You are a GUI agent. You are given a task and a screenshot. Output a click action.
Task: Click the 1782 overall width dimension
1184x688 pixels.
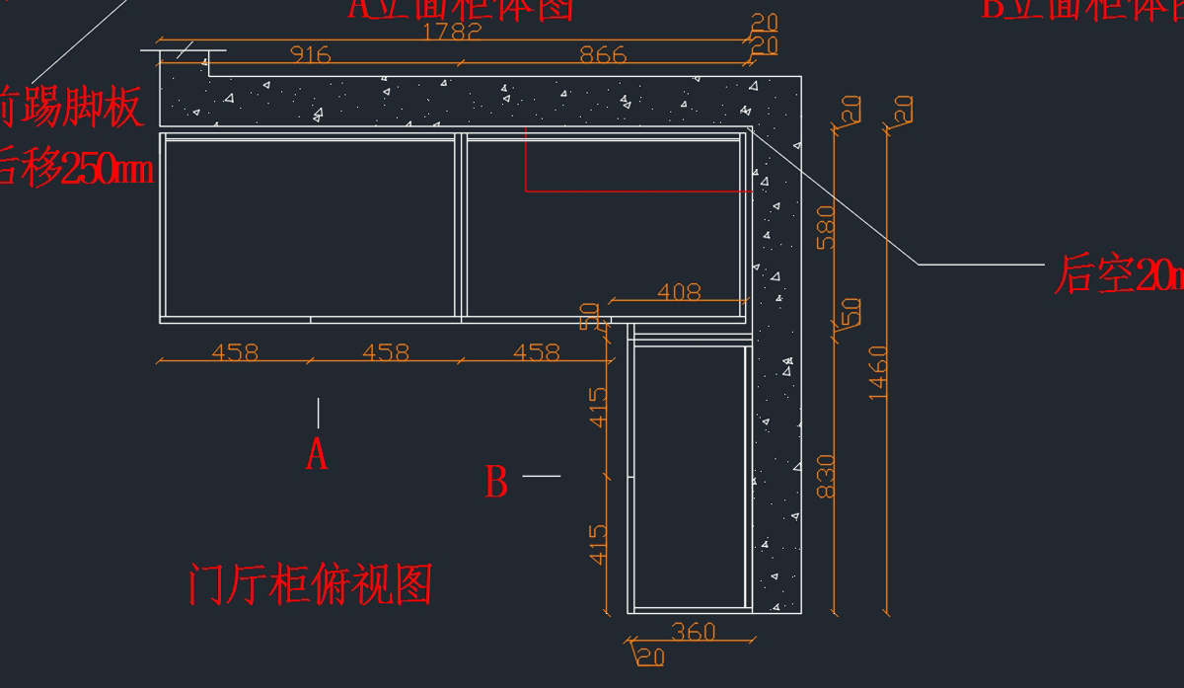click(x=452, y=32)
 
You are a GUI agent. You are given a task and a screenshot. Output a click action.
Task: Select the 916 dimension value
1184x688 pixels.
click(x=310, y=55)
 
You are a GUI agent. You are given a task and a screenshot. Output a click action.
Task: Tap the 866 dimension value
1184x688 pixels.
click(x=602, y=55)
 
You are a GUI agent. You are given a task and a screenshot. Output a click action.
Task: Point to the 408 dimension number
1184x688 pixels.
click(x=679, y=291)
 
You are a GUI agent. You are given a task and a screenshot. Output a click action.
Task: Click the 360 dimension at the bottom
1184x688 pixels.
click(x=694, y=631)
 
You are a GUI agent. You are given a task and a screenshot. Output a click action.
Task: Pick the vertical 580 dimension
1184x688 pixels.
click(x=826, y=227)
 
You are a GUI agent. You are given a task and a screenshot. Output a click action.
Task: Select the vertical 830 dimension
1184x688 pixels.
click(x=826, y=476)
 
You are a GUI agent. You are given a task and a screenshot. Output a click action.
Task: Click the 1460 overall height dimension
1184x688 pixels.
click(x=878, y=373)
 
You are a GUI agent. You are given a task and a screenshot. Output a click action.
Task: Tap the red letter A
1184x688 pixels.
click(x=316, y=455)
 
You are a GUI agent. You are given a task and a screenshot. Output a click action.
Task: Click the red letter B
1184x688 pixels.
click(x=496, y=483)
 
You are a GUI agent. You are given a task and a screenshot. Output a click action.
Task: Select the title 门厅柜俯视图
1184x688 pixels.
click(x=310, y=584)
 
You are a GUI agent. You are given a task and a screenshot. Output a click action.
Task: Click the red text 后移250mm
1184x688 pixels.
click(x=74, y=168)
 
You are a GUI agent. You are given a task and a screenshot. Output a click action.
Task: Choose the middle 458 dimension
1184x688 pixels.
click(x=385, y=351)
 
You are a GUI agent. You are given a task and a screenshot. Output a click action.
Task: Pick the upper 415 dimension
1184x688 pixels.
click(x=599, y=407)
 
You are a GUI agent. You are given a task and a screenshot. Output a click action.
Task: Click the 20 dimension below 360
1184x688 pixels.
click(x=649, y=655)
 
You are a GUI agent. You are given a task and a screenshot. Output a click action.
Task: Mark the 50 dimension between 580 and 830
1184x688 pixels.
click(x=851, y=312)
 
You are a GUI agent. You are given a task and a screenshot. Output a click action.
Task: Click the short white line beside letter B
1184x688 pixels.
click(x=541, y=476)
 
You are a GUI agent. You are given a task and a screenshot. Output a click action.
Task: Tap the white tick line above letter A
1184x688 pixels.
click(x=318, y=413)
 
